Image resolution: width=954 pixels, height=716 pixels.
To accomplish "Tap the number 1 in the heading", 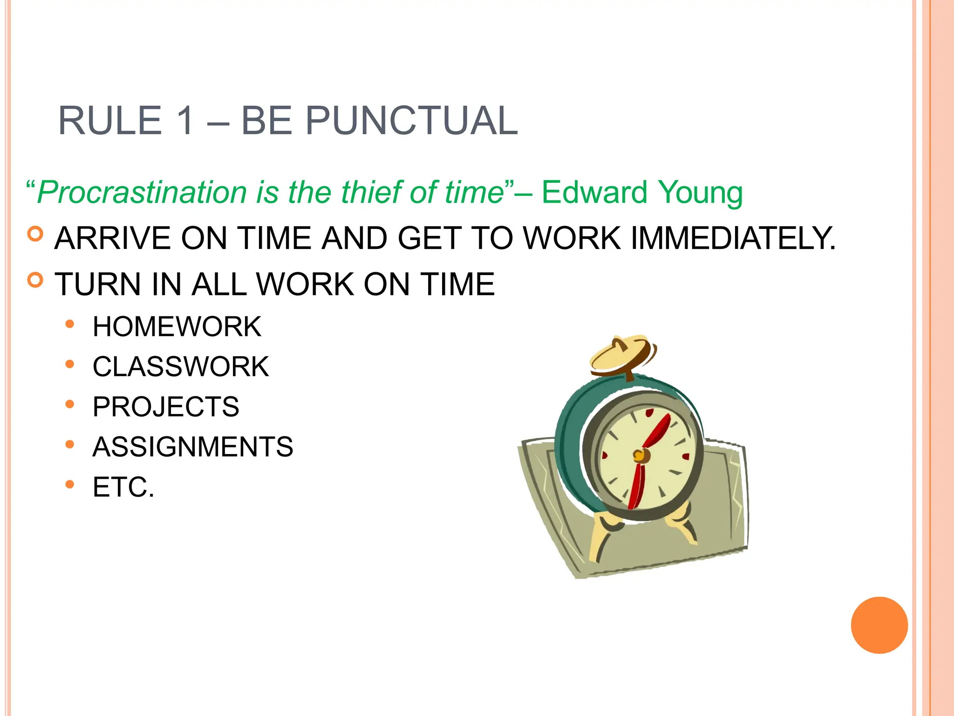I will click(184, 121).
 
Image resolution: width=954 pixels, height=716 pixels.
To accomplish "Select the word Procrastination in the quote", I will click(142, 192).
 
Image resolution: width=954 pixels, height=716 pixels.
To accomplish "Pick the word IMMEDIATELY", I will click(733, 238).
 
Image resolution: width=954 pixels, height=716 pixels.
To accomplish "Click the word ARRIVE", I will click(113, 238).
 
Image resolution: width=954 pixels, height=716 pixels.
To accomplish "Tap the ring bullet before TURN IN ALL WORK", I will click(35, 280).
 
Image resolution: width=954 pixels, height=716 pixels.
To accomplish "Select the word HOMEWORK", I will click(177, 326).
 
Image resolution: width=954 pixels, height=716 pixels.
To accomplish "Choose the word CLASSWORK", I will click(181, 366).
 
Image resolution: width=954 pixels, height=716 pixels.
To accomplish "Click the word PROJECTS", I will click(166, 406).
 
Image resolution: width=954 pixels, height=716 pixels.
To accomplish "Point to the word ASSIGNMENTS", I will click(193, 447).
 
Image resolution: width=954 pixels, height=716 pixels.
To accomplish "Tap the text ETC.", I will click(123, 487).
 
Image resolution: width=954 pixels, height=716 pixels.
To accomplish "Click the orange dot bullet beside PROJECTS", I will click(70, 404).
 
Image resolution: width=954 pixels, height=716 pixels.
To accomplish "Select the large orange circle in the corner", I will click(879, 625).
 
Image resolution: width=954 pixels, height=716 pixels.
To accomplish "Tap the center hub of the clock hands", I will click(641, 455).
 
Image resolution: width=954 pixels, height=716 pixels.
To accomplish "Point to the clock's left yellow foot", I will click(603, 536).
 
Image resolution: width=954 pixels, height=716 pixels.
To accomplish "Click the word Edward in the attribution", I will click(594, 192).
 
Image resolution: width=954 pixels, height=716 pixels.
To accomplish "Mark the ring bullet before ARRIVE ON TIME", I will click(35, 234).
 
